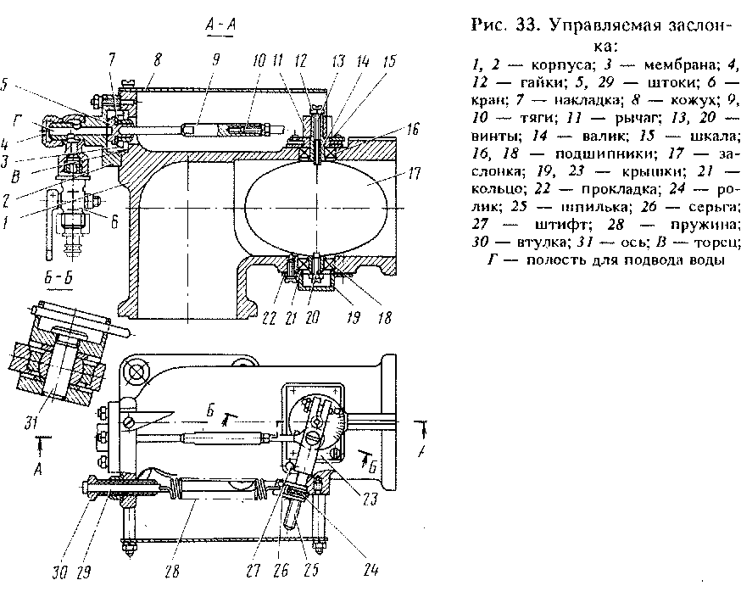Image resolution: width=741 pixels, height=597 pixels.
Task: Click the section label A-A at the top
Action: coord(220,25)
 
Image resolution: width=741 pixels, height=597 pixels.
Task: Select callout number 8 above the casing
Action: coord(158,60)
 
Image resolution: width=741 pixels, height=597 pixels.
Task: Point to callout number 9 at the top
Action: coord(216,60)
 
